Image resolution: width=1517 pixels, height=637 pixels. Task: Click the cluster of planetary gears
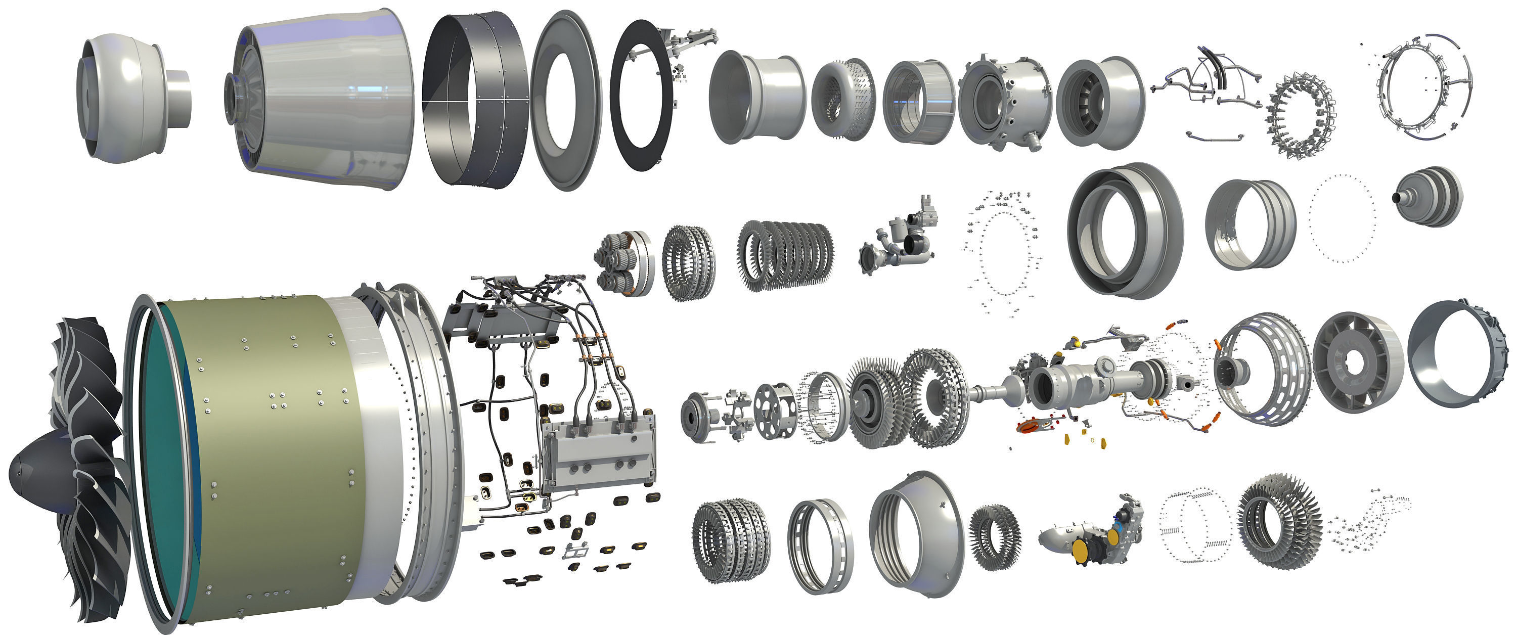tap(615, 264)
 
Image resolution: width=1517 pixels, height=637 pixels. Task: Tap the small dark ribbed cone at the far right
tap(1428, 197)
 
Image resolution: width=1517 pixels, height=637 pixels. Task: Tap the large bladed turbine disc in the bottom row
tap(1278, 521)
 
